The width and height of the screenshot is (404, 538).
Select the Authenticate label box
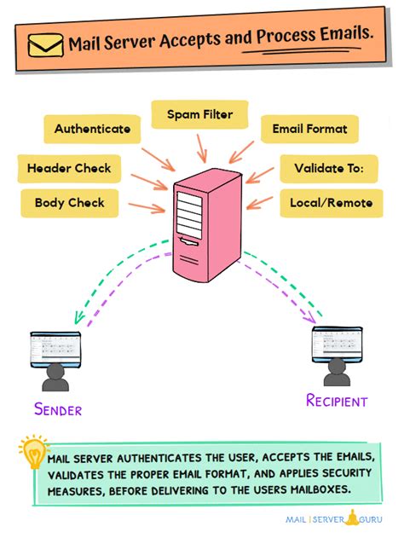click(92, 130)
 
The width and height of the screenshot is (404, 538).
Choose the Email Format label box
click(309, 130)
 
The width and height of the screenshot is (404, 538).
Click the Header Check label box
click(68, 168)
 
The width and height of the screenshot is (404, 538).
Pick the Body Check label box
click(69, 203)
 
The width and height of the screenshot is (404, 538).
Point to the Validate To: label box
click(327, 168)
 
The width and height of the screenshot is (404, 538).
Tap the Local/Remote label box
click(327, 204)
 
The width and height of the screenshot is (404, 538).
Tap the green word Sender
click(58, 409)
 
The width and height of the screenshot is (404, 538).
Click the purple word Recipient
click(337, 401)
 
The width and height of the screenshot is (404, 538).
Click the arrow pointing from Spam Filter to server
click(202, 147)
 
